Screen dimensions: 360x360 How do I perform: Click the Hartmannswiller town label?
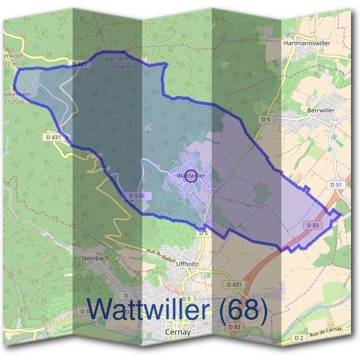tap(307, 44)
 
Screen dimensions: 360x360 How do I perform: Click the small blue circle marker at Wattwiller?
tap(191, 175)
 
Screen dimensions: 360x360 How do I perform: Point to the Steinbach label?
tap(94, 258)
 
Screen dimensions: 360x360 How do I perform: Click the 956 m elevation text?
tap(123, 67)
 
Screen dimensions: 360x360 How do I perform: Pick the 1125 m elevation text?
tap(14, 103)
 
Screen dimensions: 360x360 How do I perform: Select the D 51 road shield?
tap(335, 185)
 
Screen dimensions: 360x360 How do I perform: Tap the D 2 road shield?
tap(299, 338)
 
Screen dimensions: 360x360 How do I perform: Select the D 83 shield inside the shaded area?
tap(313, 225)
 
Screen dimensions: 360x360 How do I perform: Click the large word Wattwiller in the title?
tap(147, 310)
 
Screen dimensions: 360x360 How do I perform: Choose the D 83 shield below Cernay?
tap(235, 326)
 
